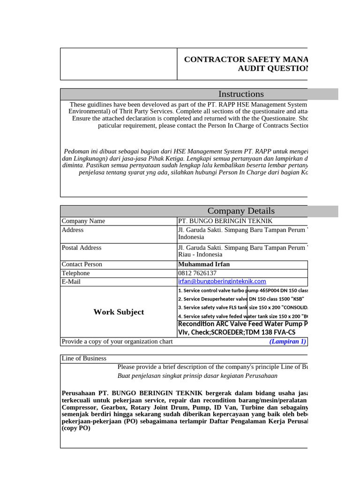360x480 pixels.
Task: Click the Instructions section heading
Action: coord(242,94)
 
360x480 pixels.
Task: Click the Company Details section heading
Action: coord(241,211)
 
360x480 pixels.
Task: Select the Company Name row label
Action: coord(83,221)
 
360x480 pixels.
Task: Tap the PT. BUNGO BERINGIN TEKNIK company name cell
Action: coord(225,221)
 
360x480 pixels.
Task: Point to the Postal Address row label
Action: coord(82,247)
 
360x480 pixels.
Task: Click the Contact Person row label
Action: coord(82,264)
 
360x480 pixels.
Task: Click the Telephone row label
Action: coord(76,273)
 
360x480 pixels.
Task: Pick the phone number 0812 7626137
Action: coord(197,273)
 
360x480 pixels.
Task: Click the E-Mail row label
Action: coord(71,282)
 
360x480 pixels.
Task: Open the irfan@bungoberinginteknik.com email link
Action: coord(222,281)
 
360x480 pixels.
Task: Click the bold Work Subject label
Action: coord(119,312)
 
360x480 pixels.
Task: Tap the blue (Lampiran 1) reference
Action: coord(287,342)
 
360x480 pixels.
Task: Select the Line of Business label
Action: coord(84,359)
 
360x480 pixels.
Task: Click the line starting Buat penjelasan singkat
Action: coord(197,376)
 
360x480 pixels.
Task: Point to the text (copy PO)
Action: coord(76,428)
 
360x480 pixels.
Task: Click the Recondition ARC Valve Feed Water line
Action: coord(242,324)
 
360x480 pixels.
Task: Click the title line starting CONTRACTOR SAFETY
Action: coord(246,60)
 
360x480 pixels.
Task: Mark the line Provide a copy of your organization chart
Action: coord(117,342)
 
